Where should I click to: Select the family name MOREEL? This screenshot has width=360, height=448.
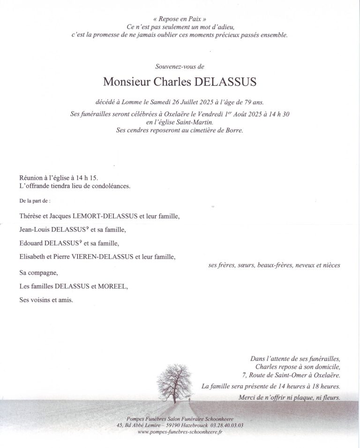click(112, 286)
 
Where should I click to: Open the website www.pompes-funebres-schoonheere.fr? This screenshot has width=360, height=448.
click(180, 432)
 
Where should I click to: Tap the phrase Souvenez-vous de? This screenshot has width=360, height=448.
click(180, 67)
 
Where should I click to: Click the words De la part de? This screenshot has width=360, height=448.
click(35, 201)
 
